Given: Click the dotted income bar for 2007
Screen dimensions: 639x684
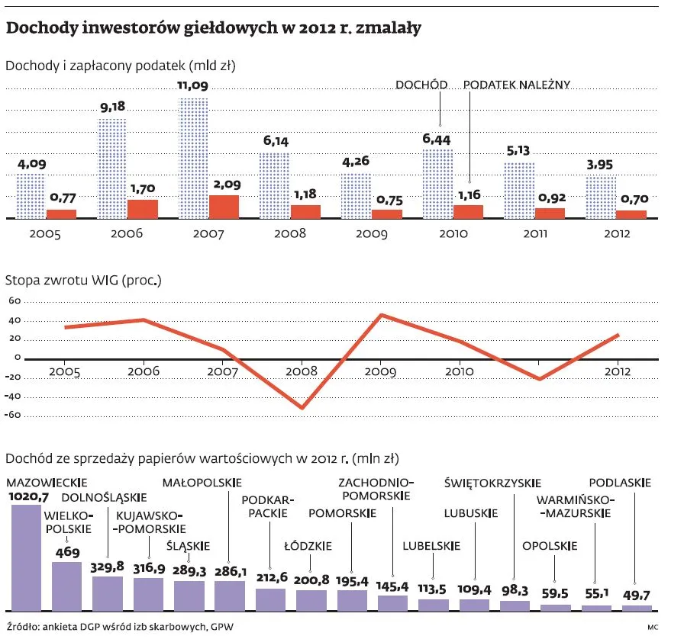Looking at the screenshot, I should [x=192, y=158].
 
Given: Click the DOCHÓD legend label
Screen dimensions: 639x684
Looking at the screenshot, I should [x=421, y=85].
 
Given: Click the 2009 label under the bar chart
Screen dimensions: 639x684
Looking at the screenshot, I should [x=372, y=233].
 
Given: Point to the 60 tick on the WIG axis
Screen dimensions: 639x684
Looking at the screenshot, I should [x=13, y=301].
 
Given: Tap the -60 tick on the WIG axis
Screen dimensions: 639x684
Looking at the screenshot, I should [x=11, y=416].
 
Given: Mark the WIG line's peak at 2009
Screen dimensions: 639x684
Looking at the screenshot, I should [x=381, y=315].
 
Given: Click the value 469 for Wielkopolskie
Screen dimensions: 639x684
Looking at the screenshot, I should [x=66, y=552].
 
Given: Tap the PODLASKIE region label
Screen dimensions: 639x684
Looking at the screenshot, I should [x=621, y=482].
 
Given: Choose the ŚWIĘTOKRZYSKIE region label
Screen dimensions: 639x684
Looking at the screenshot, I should [x=492, y=482].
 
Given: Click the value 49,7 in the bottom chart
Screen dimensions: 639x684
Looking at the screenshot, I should [x=637, y=595].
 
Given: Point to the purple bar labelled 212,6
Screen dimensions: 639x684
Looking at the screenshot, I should [x=270, y=599].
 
